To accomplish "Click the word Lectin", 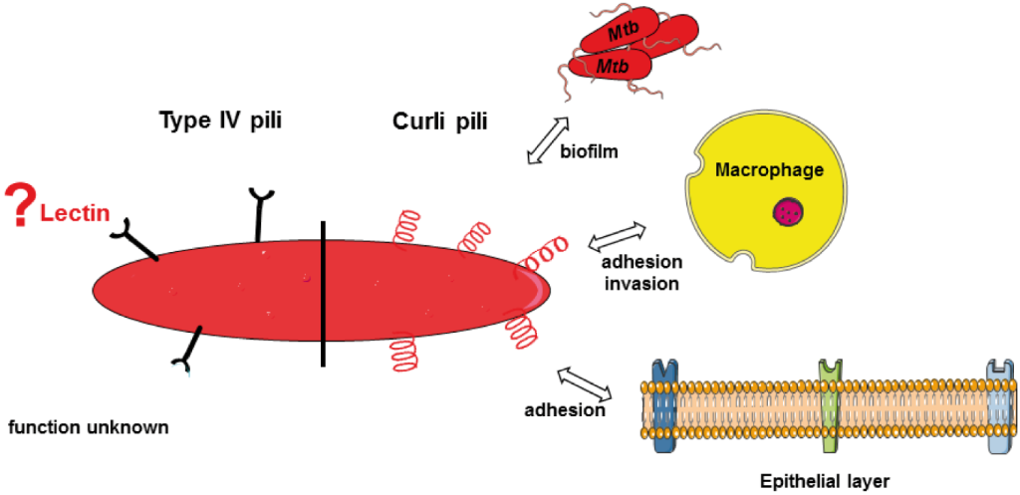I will (74, 213).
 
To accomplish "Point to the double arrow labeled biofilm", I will (547, 139).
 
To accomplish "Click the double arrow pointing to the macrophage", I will (619, 237).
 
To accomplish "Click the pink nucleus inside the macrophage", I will (789, 211).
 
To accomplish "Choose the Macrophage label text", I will (770, 170).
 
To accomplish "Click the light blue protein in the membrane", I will (998, 408).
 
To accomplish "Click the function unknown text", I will (89, 427).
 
